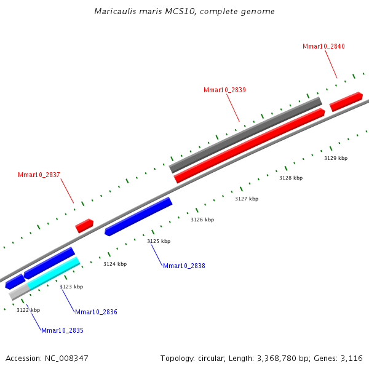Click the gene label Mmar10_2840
point(323,46)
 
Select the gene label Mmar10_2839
point(224,90)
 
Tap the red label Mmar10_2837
point(39,175)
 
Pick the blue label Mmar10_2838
point(184,266)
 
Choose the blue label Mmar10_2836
point(96,312)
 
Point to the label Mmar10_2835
point(62,330)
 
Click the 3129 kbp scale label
point(336,158)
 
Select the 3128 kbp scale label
point(291,178)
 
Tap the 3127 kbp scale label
point(247,199)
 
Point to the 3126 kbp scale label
point(202,220)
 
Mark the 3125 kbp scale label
point(159,241)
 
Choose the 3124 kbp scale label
point(115,264)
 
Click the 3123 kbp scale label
point(71,287)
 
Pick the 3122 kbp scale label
point(28,310)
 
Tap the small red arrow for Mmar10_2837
point(84,225)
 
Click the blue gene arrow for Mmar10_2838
point(138,216)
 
